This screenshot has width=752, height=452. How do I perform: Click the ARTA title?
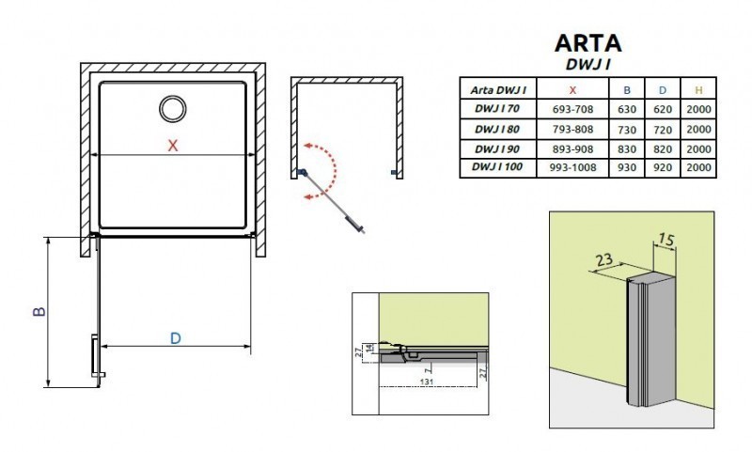(x=587, y=43)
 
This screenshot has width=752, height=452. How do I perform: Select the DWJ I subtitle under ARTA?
(x=591, y=65)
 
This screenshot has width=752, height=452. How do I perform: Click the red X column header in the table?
(x=573, y=90)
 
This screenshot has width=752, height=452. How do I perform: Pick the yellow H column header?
(x=697, y=90)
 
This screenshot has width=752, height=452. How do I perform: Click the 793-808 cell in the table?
(x=573, y=129)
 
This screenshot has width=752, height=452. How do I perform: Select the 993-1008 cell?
(x=573, y=166)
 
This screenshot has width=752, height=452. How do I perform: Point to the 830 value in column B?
(x=627, y=148)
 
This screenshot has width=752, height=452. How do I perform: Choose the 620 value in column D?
(x=662, y=110)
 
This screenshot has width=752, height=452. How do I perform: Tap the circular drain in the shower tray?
(x=173, y=109)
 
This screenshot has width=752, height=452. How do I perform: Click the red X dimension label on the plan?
(x=172, y=146)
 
